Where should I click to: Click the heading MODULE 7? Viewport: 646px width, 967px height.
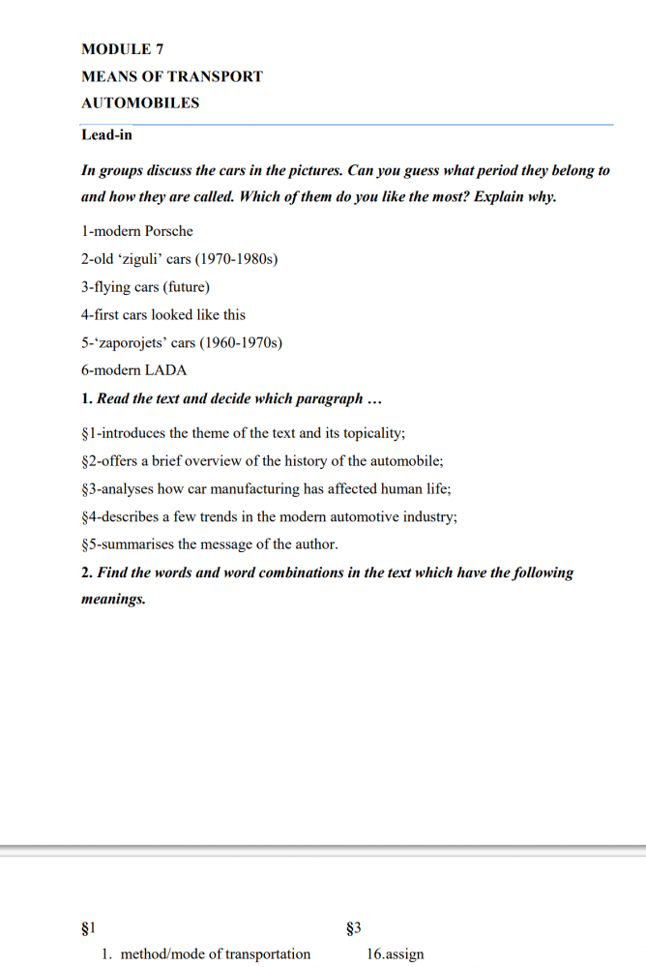coord(115,49)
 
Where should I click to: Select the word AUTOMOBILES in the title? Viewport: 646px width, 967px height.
coord(140,103)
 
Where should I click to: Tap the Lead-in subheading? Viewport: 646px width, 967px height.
coord(106,135)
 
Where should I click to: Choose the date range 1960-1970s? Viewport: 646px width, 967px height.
coord(241,343)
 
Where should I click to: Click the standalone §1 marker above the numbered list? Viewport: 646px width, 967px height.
coord(88,929)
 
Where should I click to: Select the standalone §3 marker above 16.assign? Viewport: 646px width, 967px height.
coord(353,929)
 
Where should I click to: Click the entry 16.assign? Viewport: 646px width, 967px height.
coord(395,954)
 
